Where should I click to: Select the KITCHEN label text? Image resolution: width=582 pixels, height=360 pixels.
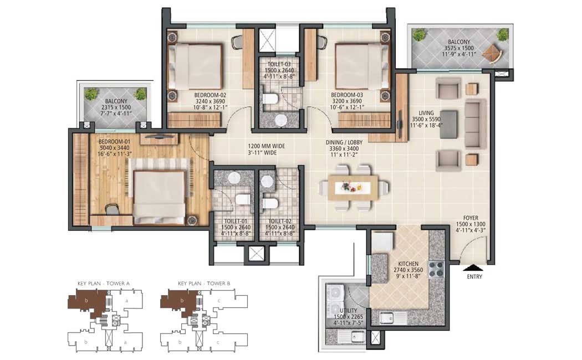click(408, 264)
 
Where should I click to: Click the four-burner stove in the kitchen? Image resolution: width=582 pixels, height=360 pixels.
click(437, 270)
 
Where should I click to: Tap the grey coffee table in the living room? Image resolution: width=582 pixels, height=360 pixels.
click(449, 124)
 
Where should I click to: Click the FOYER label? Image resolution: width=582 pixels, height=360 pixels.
click(471, 218)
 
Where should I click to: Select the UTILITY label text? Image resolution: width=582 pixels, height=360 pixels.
click(348, 311)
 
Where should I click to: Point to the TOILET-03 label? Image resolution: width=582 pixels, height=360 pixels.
click(279, 64)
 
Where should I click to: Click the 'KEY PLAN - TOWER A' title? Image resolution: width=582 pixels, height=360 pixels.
click(104, 284)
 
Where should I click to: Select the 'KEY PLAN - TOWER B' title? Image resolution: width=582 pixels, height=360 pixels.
click(204, 284)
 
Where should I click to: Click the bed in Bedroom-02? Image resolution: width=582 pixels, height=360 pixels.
click(195, 65)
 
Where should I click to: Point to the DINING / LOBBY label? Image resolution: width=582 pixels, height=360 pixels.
click(344, 142)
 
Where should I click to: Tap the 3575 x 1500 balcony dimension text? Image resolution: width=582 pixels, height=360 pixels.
click(459, 48)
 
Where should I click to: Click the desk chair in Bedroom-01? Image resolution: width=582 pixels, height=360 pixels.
click(111, 209)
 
